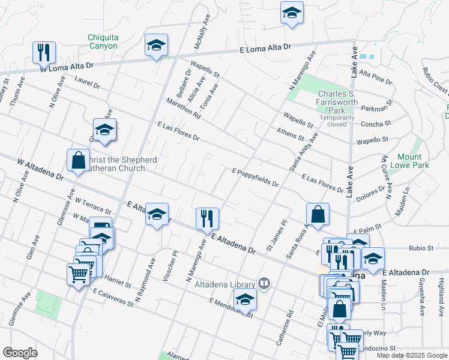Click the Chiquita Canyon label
coord(103,41)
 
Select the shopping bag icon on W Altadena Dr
coord(78,160)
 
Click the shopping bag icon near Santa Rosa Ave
coord(318,214)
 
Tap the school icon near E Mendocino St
coord(245,299)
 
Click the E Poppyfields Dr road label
coord(255,178)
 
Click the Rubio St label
coord(421,248)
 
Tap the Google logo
coord(20,353)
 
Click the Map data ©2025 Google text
coord(412,355)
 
